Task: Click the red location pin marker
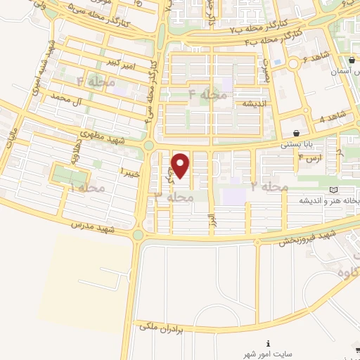[x=181, y=165]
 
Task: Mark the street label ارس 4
[x=309, y=159]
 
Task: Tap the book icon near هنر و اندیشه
[x=333, y=190]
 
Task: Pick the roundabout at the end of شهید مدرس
[x=138, y=236]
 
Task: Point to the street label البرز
[x=210, y=219]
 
